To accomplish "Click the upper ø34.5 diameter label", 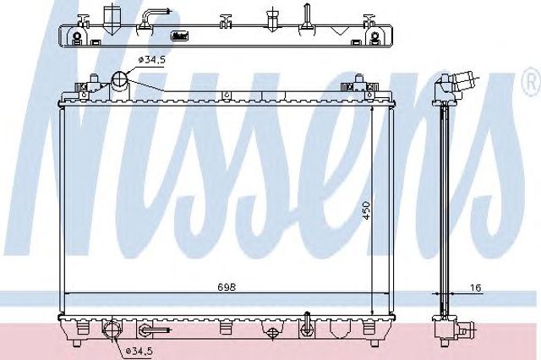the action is click(x=152, y=60).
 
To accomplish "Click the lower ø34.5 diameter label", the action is click(x=139, y=351).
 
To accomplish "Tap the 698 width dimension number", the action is click(x=227, y=286).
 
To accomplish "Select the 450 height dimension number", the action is click(x=366, y=210).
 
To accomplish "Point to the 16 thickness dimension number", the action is click(x=475, y=287).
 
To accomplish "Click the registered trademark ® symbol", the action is click(x=533, y=82).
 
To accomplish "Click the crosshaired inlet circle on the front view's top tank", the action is click(x=119, y=79).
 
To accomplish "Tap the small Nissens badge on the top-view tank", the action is click(x=180, y=35).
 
